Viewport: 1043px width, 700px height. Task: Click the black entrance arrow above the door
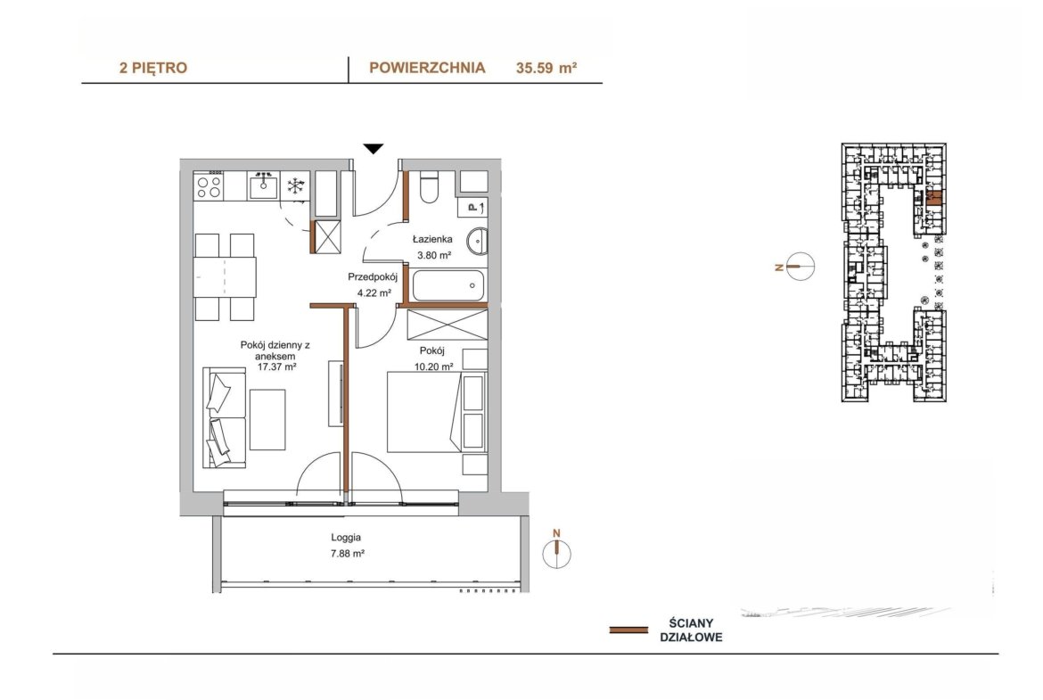click(x=374, y=149)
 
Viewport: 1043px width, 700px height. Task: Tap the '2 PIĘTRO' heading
click(x=153, y=68)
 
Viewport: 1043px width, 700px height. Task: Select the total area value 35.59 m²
click(x=546, y=68)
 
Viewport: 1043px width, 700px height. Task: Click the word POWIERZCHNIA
click(x=427, y=68)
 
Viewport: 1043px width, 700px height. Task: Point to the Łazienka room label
click(x=432, y=239)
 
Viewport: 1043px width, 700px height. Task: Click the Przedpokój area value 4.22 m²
click(x=374, y=292)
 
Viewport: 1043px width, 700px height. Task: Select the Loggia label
click(x=346, y=538)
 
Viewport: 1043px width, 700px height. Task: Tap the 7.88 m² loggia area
click(x=348, y=553)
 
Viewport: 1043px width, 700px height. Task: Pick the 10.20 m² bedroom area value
click(x=434, y=366)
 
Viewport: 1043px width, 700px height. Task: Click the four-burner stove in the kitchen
click(x=209, y=185)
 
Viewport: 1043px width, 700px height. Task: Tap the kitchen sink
click(x=265, y=185)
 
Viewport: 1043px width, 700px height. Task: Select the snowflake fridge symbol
click(x=295, y=185)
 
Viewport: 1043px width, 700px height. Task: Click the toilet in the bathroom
click(x=430, y=187)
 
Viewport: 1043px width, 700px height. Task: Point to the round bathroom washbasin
click(x=476, y=241)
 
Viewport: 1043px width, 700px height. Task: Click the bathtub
click(x=448, y=285)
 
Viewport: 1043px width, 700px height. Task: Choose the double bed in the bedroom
click(x=423, y=413)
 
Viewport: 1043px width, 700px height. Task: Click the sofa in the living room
click(x=225, y=416)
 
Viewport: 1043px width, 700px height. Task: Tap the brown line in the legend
click(x=628, y=630)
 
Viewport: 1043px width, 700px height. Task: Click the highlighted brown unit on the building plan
click(x=934, y=197)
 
